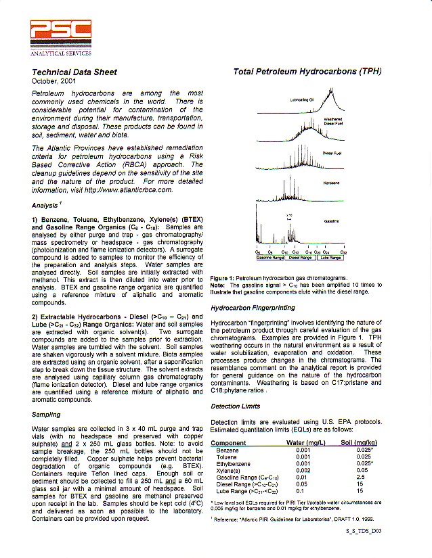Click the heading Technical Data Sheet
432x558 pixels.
74,72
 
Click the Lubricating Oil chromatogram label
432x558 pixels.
301,99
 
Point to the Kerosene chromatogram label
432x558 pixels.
332,183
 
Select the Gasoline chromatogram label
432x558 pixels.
332,220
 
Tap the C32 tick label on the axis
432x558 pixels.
343,252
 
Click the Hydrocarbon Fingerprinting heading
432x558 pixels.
253,308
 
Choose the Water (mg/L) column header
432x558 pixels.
307,443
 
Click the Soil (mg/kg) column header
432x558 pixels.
358,443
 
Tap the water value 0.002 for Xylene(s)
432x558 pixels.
303,470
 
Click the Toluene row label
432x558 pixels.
227,457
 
